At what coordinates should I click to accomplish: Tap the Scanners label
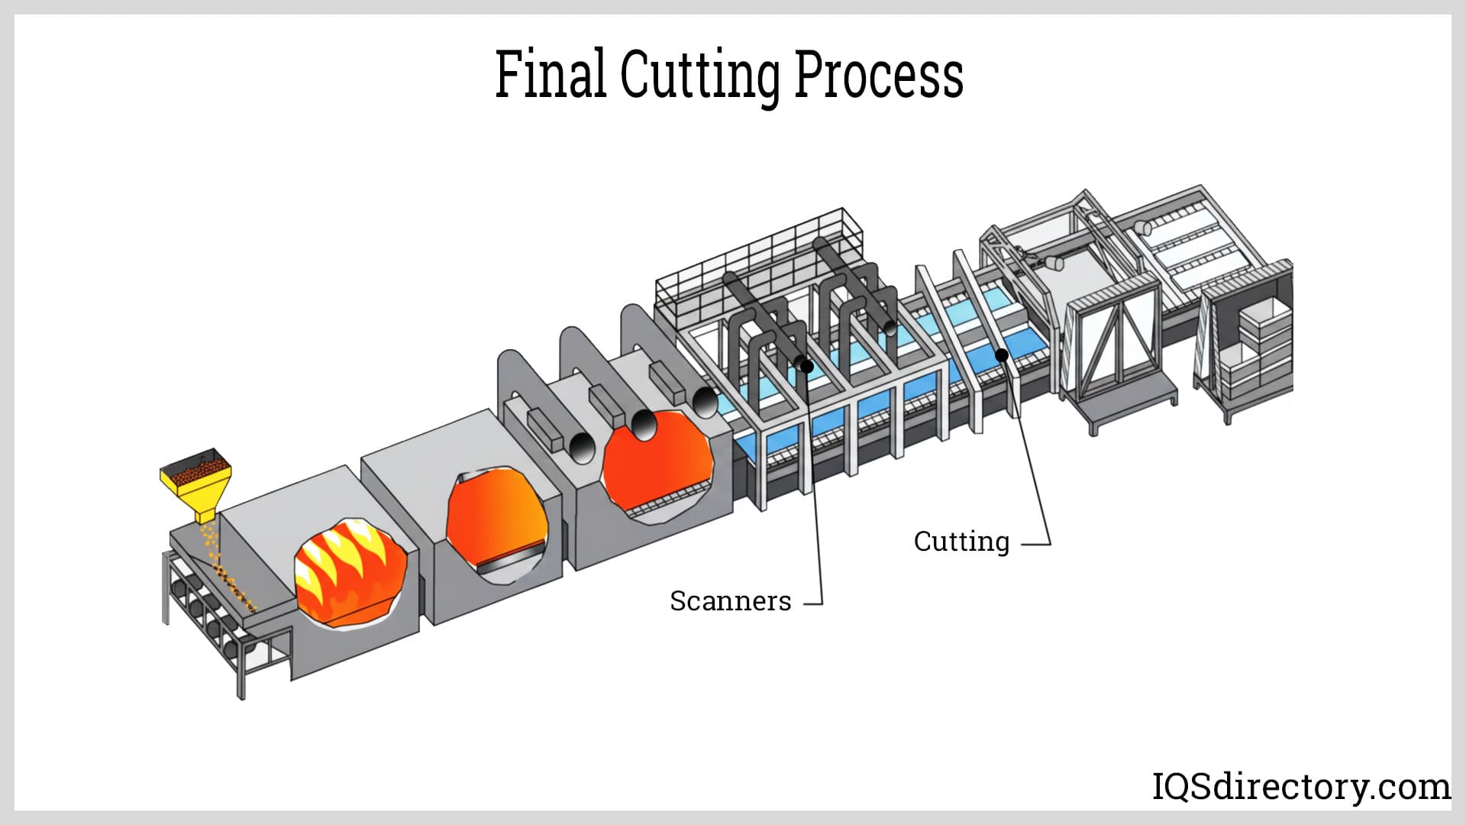point(730,601)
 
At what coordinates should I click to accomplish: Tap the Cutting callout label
point(961,542)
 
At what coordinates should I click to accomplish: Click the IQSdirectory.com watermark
point(1300,786)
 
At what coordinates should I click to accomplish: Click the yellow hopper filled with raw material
point(196,481)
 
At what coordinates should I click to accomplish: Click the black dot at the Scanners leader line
point(806,367)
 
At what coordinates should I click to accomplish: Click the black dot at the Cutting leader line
point(1002,354)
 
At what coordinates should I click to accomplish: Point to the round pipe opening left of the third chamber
point(583,448)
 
